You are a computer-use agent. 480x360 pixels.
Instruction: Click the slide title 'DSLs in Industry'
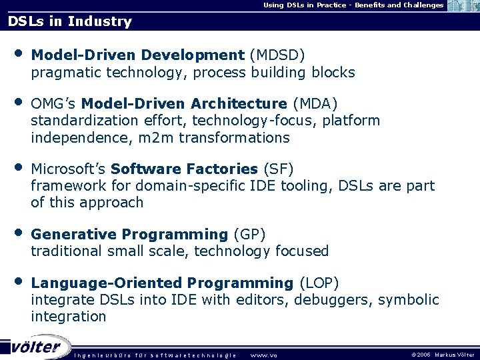tap(70, 21)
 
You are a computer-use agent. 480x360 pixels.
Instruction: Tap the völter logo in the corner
tap(36, 347)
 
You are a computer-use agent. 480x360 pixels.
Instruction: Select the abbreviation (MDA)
tap(315, 103)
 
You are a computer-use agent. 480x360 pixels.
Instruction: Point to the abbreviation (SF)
tap(278, 169)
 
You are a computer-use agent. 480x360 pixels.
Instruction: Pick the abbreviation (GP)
tap(249, 234)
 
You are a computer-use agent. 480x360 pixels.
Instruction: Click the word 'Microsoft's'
tap(69, 169)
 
